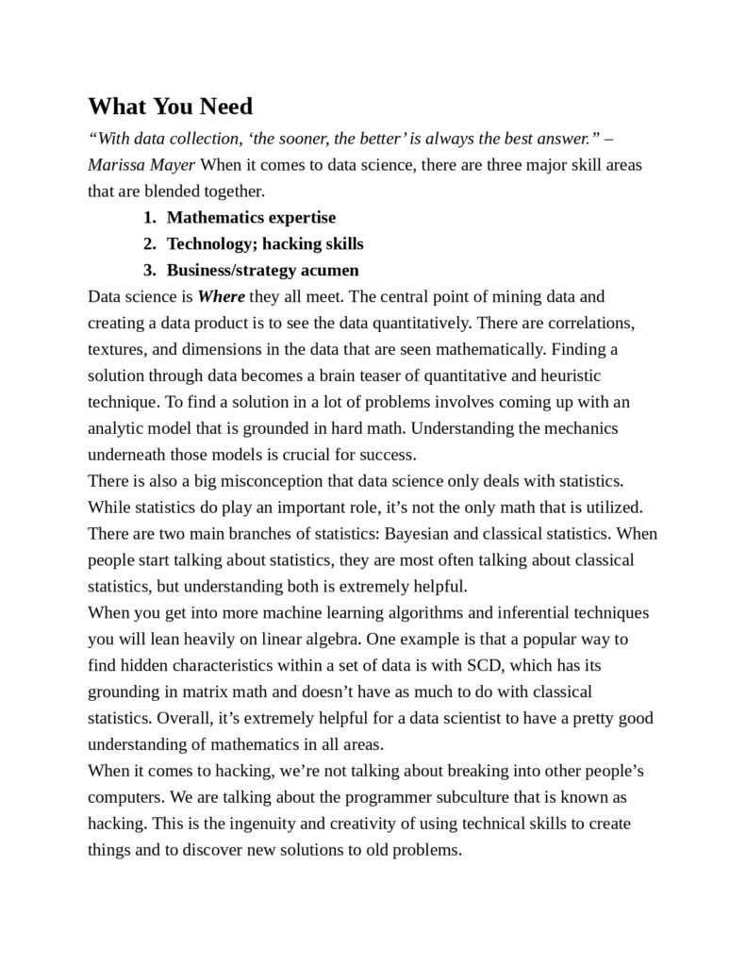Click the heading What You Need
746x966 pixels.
[x=170, y=106]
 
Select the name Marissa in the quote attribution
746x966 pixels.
[x=116, y=165]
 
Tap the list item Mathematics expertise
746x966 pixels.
[x=251, y=217]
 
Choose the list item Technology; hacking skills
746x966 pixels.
[x=265, y=243]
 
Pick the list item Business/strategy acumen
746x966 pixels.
[x=263, y=270]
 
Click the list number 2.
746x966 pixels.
[x=148, y=243]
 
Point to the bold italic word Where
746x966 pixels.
[x=221, y=296]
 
